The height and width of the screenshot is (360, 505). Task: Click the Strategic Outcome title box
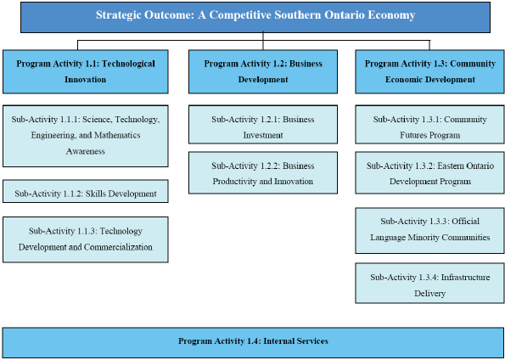click(x=255, y=16)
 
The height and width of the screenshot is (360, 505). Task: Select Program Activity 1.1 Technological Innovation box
click(x=85, y=71)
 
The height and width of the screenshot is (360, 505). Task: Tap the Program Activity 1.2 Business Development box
click(x=262, y=71)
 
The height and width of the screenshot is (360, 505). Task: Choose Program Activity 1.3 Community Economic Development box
click(x=430, y=71)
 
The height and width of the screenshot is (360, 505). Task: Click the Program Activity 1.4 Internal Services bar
click(x=253, y=341)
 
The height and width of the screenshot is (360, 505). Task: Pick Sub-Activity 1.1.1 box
click(x=85, y=135)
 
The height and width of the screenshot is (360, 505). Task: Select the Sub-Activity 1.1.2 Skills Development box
click(x=85, y=193)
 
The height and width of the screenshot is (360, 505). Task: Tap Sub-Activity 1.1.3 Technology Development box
click(x=85, y=239)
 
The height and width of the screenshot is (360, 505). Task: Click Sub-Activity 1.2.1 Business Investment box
click(x=262, y=127)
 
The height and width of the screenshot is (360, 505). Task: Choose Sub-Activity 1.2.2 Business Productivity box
click(x=262, y=173)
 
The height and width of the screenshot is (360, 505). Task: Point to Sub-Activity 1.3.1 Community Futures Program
click(x=430, y=127)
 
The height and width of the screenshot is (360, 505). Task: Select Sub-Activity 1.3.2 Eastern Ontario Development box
click(x=430, y=173)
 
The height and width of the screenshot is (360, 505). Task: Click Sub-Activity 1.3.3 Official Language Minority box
click(x=430, y=229)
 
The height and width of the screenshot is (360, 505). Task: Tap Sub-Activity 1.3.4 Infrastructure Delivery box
click(x=430, y=284)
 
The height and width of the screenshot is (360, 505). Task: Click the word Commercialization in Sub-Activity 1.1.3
click(x=116, y=247)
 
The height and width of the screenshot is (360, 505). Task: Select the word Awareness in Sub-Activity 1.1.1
click(x=86, y=151)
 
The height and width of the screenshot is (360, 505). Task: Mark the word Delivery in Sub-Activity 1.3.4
click(x=430, y=293)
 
